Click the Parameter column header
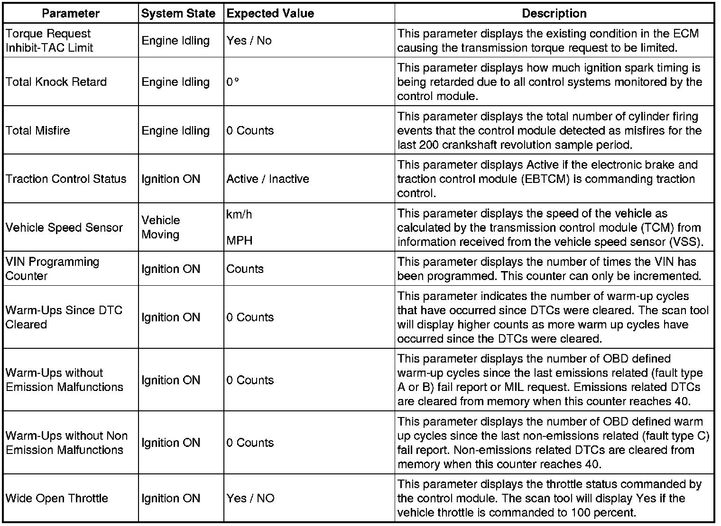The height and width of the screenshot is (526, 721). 71,13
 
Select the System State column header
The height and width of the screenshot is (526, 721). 178,13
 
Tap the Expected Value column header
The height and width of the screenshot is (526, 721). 270,13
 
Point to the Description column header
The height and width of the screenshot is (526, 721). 554,13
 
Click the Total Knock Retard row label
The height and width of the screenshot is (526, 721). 56,82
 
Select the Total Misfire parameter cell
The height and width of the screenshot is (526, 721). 38,130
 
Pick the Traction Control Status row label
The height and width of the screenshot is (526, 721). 66,179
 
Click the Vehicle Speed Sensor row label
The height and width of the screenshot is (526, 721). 65,227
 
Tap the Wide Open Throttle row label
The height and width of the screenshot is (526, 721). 57,499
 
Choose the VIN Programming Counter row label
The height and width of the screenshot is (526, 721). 52,269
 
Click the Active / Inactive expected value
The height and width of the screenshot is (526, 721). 268,179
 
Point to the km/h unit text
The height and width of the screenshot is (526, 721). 239,215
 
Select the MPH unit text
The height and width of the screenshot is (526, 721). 240,241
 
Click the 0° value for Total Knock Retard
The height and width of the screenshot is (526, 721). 232,82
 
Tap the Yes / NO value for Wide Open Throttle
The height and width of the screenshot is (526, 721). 250,499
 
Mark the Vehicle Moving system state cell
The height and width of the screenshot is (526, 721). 161,227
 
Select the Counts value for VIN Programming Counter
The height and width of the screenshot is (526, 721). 245,269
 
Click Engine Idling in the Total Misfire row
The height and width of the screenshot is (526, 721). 176,130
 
